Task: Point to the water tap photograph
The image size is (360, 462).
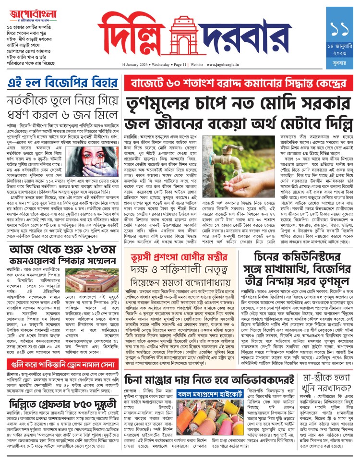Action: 221,155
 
